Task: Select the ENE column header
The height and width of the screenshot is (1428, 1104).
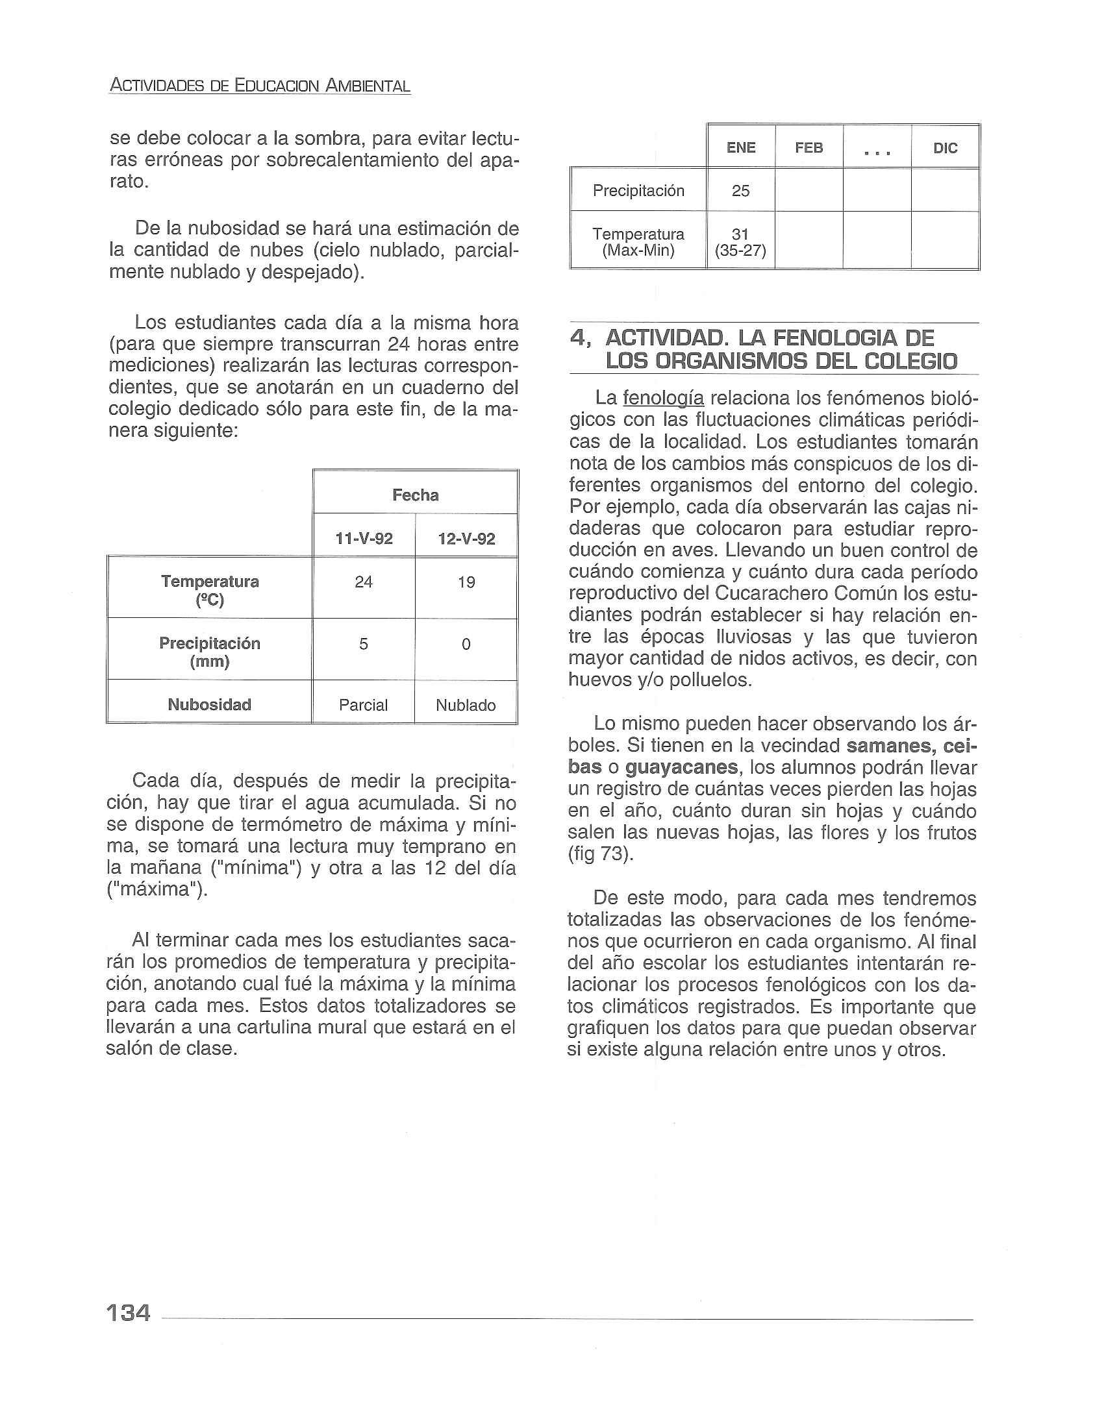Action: tap(740, 148)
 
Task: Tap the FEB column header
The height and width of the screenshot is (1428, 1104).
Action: tap(809, 148)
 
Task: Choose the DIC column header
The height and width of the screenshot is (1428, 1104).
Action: tap(945, 149)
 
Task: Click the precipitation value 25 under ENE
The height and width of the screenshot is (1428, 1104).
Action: tap(740, 191)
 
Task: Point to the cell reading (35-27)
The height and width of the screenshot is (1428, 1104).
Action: tap(740, 251)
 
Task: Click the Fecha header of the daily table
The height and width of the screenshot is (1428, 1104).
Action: tap(416, 495)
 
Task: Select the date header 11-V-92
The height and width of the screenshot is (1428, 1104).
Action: tap(364, 539)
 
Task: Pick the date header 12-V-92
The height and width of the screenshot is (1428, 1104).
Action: tap(466, 539)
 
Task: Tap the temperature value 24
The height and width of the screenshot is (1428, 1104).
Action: tap(364, 582)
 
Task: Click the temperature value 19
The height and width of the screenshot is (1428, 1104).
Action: tap(466, 582)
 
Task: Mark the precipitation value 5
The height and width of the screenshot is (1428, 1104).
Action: tap(364, 644)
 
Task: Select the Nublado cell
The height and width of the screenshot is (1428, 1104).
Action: tap(466, 705)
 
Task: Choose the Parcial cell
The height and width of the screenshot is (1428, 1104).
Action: tap(363, 705)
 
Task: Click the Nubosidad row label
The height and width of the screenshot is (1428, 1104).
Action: tap(209, 704)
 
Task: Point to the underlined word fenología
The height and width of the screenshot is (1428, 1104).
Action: tap(663, 398)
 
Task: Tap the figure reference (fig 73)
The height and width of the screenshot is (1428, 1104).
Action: tap(601, 855)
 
